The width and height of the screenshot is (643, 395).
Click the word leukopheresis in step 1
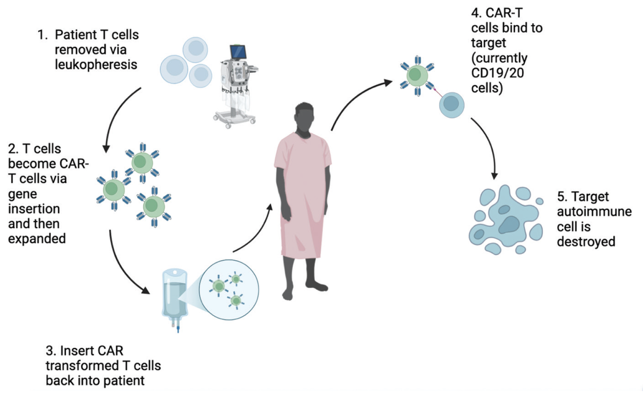pos(96,65)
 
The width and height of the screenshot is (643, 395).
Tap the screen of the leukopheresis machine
pos(238,52)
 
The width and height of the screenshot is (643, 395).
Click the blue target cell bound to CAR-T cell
pos(452,105)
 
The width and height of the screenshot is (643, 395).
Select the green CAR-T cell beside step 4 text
pos(417,75)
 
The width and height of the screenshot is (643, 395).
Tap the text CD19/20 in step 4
pos(497,73)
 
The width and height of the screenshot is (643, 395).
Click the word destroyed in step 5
pos(586,242)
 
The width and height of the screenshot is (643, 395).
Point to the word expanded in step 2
pos(37,239)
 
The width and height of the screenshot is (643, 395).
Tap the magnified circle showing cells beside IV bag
pos(229,289)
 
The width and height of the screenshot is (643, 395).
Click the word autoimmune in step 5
pos(594,211)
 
